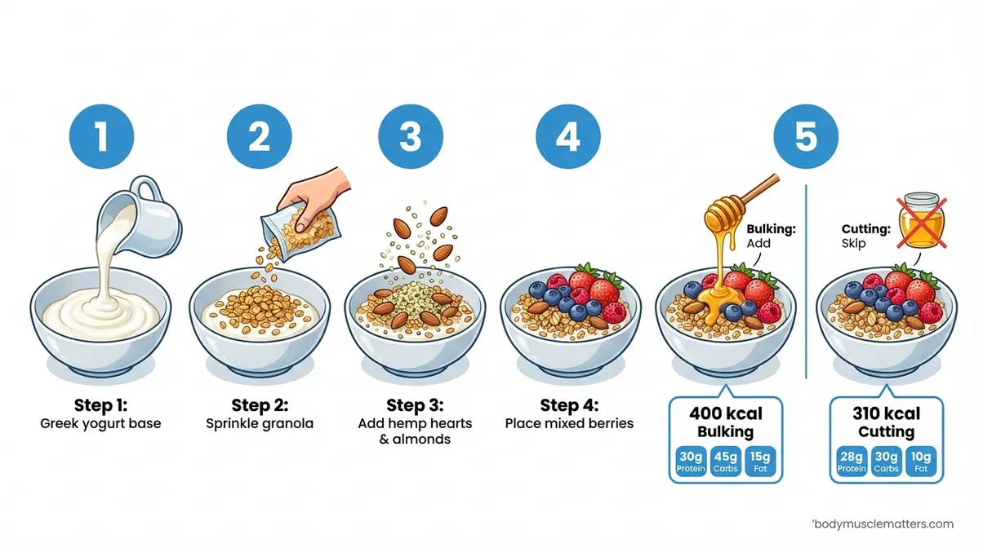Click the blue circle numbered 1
pyautogui.click(x=101, y=136)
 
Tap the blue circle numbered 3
pyautogui.click(x=411, y=136)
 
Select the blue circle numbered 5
pyautogui.click(x=805, y=136)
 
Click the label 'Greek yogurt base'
pyautogui.click(x=101, y=423)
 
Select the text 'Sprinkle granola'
pyautogui.click(x=260, y=423)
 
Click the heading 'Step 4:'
pyautogui.click(x=569, y=405)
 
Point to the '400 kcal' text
pyautogui.click(x=726, y=413)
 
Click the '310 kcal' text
pyautogui.click(x=887, y=413)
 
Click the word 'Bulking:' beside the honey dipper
pyautogui.click(x=770, y=228)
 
